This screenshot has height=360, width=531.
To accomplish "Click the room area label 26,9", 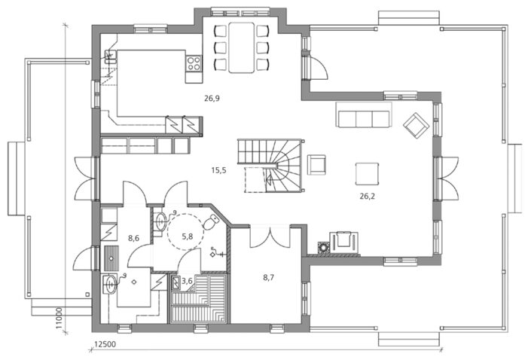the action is pyautogui.click(x=212, y=99).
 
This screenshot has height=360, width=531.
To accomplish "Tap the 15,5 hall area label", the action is pyautogui.click(x=218, y=170).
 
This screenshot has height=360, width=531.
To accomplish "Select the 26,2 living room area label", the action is pyautogui.click(x=368, y=196).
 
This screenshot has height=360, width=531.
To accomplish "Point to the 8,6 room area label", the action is pyautogui.click(x=134, y=238).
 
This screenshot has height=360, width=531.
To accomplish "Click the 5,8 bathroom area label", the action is pyautogui.click(x=188, y=236).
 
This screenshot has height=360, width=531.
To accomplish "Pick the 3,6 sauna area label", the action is pyautogui.click(x=188, y=281).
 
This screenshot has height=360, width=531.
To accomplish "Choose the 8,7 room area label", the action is pyautogui.click(x=269, y=278).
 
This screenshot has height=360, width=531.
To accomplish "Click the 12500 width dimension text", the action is pyautogui.click(x=105, y=344).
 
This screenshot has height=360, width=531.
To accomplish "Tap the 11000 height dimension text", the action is pyautogui.click(x=60, y=319).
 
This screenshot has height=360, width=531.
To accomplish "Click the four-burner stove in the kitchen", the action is pyautogui.click(x=194, y=63).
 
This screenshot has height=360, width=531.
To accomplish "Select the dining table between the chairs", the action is pyautogui.click(x=242, y=47).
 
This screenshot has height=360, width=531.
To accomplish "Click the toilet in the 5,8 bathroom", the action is pyautogui.click(x=212, y=221).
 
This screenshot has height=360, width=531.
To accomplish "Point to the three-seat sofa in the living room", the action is pyautogui.click(x=364, y=114).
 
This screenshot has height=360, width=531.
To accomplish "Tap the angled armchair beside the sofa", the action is pyautogui.click(x=417, y=125).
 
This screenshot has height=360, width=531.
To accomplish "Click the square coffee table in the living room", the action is pyautogui.click(x=367, y=174).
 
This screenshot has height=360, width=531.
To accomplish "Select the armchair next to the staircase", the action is pyautogui.click(x=316, y=165).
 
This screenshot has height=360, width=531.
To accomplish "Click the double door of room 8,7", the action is pyautogui.click(x=270, y=237).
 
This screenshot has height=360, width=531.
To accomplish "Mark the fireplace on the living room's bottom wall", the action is pyautogui.click(x=345, y=243).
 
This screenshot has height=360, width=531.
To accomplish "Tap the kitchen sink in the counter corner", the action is pyautogui.click(x=111, y=56).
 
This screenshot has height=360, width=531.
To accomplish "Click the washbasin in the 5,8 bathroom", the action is pyautogui.click(x=160, y=221).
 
